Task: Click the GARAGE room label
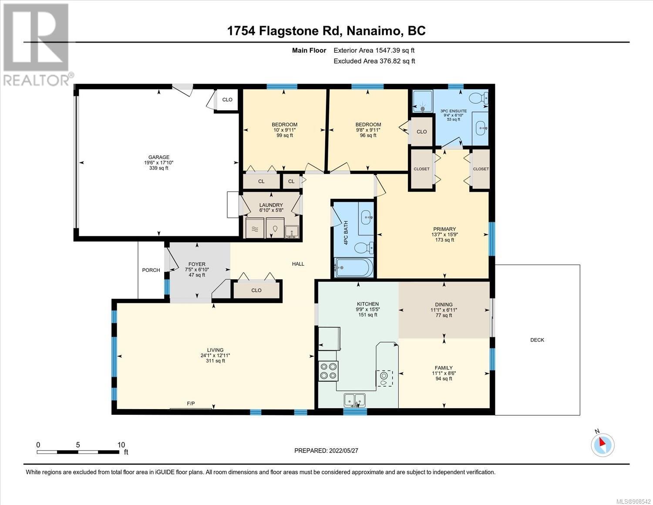point(158,157)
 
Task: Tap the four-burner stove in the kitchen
point(328,371)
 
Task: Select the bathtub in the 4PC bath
point(353,268)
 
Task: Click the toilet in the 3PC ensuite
point(478,98)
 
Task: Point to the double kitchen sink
point(355,400)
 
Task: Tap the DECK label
point(537,340)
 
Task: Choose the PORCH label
point(151,270)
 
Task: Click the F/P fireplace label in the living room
point(191,403)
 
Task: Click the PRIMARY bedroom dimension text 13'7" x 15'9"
point(444,234)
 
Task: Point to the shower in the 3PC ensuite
point(423,101)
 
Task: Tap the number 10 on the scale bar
point(121,445)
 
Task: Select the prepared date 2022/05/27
point(344,451)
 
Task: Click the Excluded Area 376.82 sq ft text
point(374,61)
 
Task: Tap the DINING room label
point(444,305)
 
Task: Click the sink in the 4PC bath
point(366,217)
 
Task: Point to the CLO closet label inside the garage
point(227,99)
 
